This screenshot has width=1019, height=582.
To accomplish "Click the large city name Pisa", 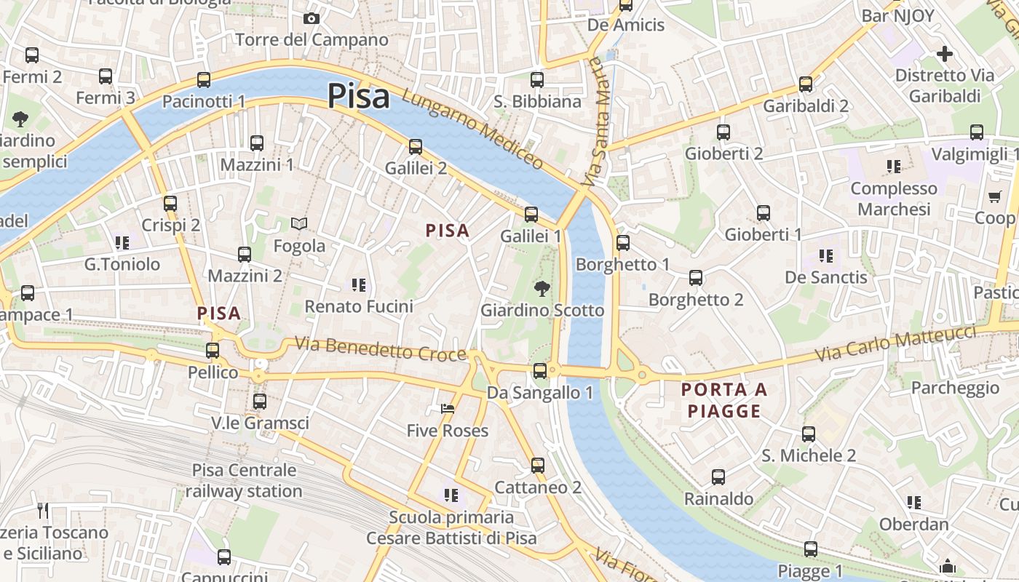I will pyautogui.click(x=358, y=96).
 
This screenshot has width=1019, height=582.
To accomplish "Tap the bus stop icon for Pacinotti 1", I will pyautogui.click(x=204, y=80).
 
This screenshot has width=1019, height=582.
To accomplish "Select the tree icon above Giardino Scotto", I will pyautogui.click(x=542, y=289).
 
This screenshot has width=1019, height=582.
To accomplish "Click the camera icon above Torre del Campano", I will pyautogui.click(x=312, y=18).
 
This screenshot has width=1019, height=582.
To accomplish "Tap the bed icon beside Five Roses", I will pyautogui.click(x=448, y=410).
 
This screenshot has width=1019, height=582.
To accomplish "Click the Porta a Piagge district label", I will pyautogui.click(x=724, y=400).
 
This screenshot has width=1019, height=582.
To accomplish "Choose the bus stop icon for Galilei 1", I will pyautogui.click(x=531, y=215).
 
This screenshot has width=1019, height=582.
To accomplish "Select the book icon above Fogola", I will pyautogui.click(x=299, y=224).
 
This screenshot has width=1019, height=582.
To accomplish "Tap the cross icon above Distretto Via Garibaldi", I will pyautogui.click(x=945, y=54).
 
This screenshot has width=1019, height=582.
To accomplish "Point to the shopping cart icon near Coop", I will pyautogui.click(x=995, y=196).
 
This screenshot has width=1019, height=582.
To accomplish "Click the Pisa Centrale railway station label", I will pyautogui.click(x=244, y=480).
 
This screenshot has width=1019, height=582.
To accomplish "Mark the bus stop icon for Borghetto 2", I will pyautogui.click(x=696, y=278).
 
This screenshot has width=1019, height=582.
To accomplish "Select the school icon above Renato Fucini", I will pyautogui.click(x=358, y=284).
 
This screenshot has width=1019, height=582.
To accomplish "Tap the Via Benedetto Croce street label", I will pyautogui.click(x=380, y=348).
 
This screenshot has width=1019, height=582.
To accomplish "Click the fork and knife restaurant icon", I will pyautogui.click(x=43, y=511).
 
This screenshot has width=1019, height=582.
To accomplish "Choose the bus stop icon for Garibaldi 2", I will pyautogui.click(x=806, y=84).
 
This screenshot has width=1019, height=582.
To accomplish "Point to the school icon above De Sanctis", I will pyautogui.click(x=826, y=255).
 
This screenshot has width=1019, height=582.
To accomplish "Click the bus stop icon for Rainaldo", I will pyautogui.click(x=718, y=477).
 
